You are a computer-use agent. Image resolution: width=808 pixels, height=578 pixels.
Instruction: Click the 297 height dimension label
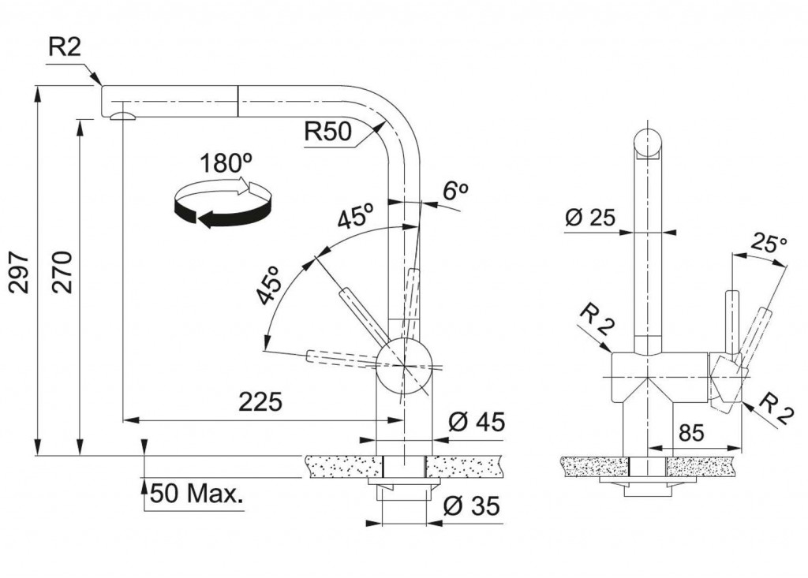(x=21, y=273)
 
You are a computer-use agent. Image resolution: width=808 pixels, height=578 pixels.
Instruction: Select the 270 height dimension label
(x=62, y=273)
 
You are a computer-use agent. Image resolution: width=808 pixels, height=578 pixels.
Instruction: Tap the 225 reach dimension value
(x=260, y=402)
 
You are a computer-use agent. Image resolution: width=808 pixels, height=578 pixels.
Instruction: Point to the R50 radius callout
(x=327, y=132)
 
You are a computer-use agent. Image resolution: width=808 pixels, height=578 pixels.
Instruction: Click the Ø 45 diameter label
(x=476, y=422)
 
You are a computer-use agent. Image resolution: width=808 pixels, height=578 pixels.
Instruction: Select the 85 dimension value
(x=690, y=432)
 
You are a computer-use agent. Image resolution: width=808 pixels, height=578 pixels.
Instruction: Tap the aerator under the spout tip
(x=122, y=117)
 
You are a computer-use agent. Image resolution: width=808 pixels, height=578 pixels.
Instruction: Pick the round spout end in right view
(x=648, y=143)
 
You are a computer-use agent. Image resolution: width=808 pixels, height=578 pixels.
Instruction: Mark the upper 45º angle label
(x=355, y=217)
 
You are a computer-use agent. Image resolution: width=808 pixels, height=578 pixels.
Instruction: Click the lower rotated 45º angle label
(x=270, y=285)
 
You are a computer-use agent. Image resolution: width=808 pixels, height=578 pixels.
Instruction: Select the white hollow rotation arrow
(x=241, y=187)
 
